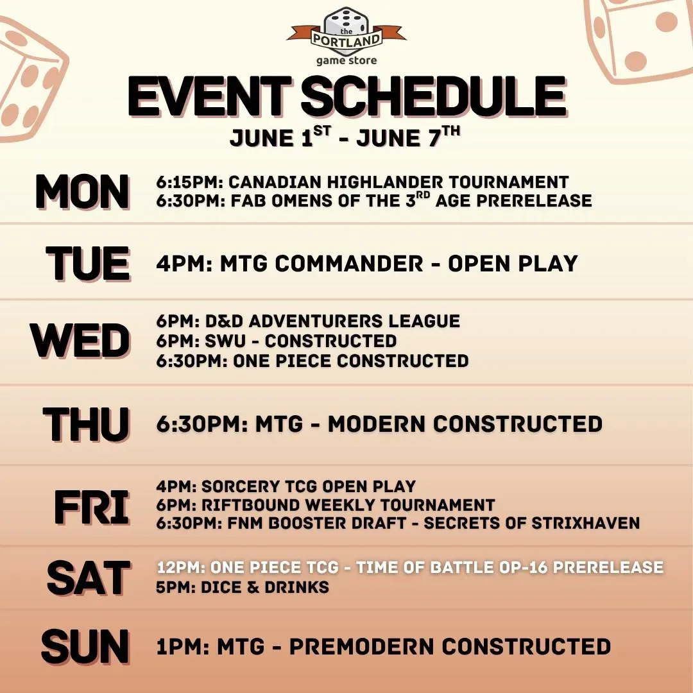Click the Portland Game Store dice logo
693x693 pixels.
(346, 36)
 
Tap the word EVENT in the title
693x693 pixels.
(210, 96)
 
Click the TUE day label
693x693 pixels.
(88, 263)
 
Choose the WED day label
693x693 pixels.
(80, 340)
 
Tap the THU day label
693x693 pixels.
(86, 424)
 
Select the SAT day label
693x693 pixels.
(89, 577)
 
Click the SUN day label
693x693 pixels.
(85, 647)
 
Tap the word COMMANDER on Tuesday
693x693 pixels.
(349, 264)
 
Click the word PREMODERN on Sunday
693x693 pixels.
(363, 647)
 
